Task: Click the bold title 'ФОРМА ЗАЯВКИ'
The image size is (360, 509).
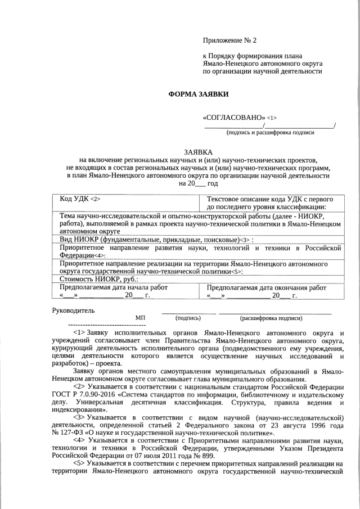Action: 199,95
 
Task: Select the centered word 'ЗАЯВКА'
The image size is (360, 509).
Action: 199,152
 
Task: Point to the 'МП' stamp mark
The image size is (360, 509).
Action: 141,318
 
